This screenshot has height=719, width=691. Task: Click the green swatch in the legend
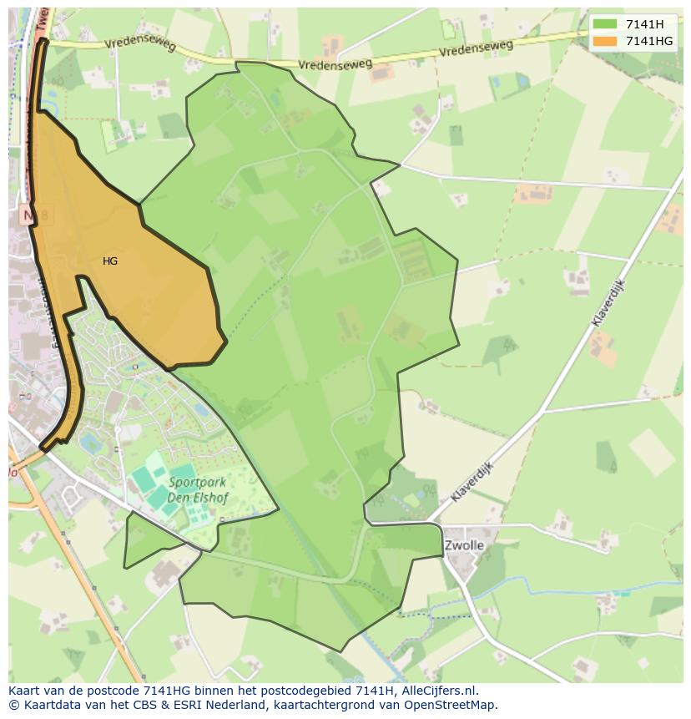pyautogui.click(x=605, y=24)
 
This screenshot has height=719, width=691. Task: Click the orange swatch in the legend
pyautogui.click(x=605, y=41)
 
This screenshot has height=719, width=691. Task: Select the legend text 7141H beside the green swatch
pyautogui.click(x=645, y=24)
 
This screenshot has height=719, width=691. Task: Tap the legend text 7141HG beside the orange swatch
pyautogui.click(x=649, y=41)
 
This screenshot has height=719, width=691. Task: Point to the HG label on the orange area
pyautogui.click(x=110, y=261)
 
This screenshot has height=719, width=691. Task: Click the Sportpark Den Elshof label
pyautogui.click(x=198, y=489)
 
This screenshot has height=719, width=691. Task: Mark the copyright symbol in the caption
pyautogui.click(x=13, y=705)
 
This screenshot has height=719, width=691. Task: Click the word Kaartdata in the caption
pyautogui.click(x=51, y=705)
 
